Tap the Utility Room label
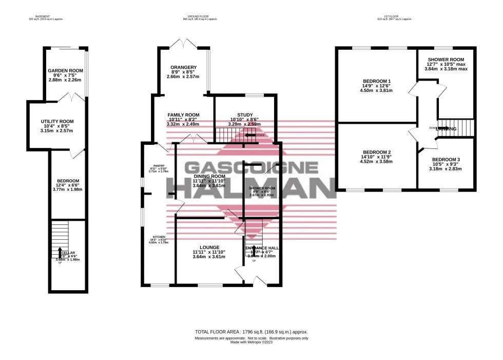[x=57, y=121]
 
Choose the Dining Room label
[x=209, y=176]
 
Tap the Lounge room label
[x=209, y=247]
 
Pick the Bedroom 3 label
[x=445, y=160]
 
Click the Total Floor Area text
[x=251, y=332]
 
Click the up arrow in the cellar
[x=60, y=250]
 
